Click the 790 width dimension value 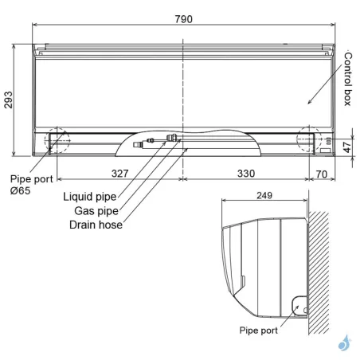tap(184, 19)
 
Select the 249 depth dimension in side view tap(265, 196)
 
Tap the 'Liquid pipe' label tap(89, 196)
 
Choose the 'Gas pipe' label tap(96, 210)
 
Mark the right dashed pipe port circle tap(311, 139)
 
